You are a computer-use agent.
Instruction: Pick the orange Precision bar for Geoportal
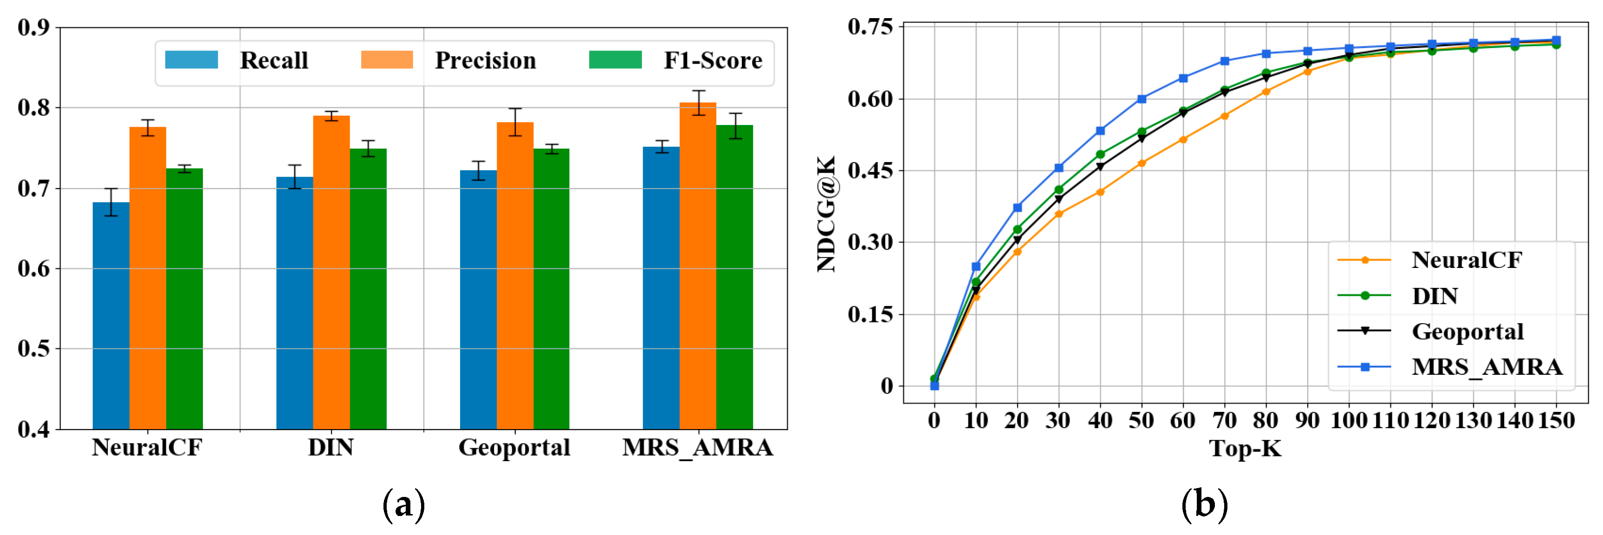(515, 274)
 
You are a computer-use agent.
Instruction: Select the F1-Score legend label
(713, 60)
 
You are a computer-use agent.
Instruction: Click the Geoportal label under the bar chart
(514, 447)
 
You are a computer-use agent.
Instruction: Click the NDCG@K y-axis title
(826, 214)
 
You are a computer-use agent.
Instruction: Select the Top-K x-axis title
(1245, 449)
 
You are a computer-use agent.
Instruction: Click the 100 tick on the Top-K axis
(1349, 420)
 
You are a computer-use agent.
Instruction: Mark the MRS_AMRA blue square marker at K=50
(1141, 99)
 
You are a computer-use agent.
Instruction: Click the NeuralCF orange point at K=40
(1100, 192)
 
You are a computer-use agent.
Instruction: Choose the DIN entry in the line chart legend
(1434, 296)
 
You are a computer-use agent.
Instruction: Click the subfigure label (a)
(403, 504)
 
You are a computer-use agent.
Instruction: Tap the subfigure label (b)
(1204, 504)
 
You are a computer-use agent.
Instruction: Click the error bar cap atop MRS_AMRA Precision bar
(698, 91)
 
